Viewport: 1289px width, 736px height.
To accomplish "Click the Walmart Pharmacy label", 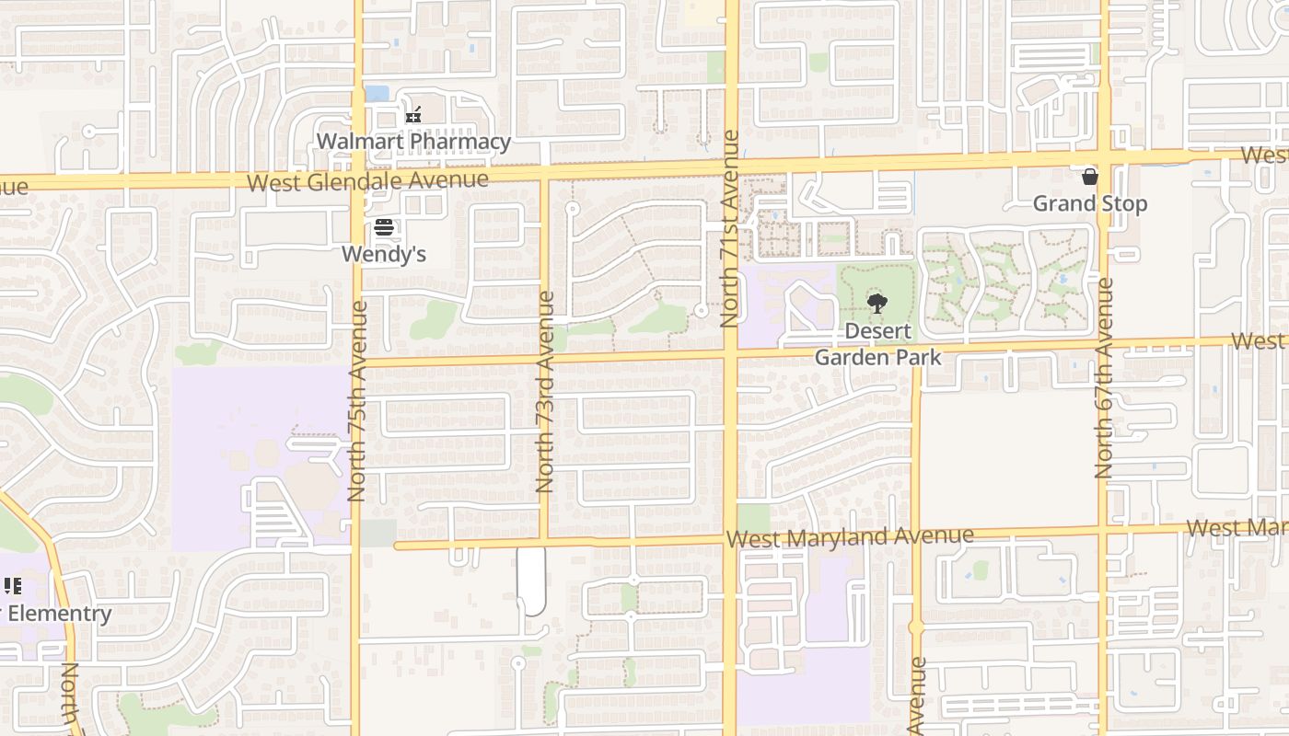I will [x=413, y=142].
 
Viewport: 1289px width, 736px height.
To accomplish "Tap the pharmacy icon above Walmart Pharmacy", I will [x=413, y=116].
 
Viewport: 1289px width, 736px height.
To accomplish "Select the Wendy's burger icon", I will [x=384, y=227].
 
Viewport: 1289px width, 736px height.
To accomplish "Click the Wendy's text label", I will [x=384, y=254].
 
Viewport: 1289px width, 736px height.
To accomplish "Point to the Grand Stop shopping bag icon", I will [x=1090, y=177].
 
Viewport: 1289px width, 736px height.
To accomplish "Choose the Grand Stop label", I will [x=1090, y=203].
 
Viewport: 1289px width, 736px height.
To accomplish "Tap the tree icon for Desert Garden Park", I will [x=877, y=303].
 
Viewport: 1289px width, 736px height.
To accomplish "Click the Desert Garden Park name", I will [x=878, y=344].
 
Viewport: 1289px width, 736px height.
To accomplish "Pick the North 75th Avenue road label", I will [x=358, y=400].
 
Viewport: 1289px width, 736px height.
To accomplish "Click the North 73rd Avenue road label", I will [x=545, y=391].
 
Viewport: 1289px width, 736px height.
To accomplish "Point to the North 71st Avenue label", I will [x=730, y=229].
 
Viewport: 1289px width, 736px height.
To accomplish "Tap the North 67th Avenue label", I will [x=1104, y=377].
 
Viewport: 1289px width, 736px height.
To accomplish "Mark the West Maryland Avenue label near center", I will [x=849, y=536].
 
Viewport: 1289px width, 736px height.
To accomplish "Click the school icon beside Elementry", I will [x=12, y=586].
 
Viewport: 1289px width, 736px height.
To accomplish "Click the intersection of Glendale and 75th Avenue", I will [x=358, y=175].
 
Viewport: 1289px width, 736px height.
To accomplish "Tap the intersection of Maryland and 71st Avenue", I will [x=730, y=541].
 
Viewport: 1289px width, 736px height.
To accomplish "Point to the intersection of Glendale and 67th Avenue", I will [x=1104, y=156].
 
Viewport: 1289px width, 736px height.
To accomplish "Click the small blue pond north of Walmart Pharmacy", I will [x=377, y=93].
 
